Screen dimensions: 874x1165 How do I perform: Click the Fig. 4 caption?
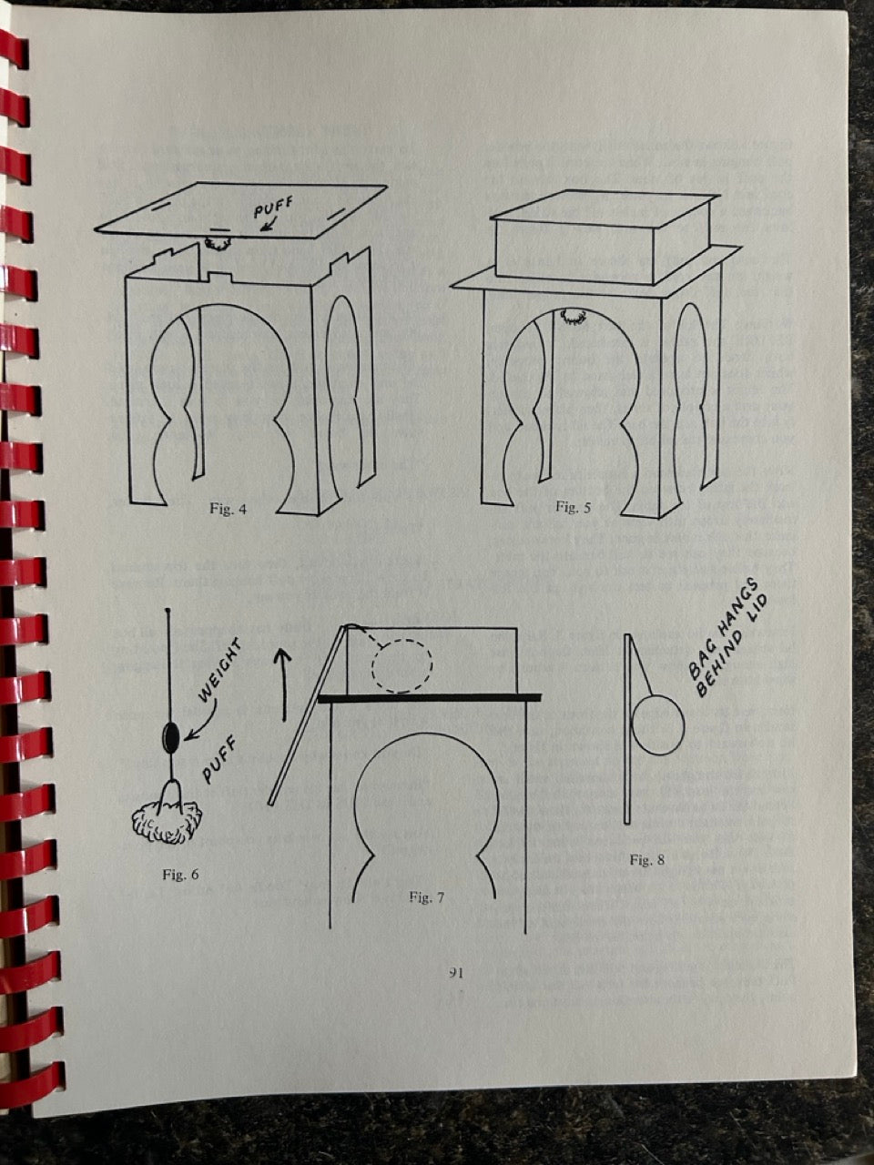[228, 510]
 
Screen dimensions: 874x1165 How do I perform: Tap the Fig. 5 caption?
[574, 507]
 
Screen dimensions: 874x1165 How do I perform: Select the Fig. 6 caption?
[180, 875]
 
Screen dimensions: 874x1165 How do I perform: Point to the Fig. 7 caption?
[427, 897]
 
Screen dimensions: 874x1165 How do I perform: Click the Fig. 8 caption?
[647, 860]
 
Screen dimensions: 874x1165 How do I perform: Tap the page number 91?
[456, 973]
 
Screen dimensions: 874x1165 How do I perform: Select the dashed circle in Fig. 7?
[401, 664]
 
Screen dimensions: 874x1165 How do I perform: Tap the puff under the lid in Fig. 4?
[217, 243]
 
